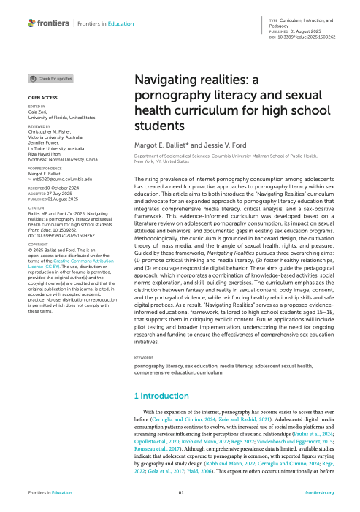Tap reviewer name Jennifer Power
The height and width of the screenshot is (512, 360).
(44, 141)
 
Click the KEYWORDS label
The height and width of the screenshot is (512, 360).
(146, 359)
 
